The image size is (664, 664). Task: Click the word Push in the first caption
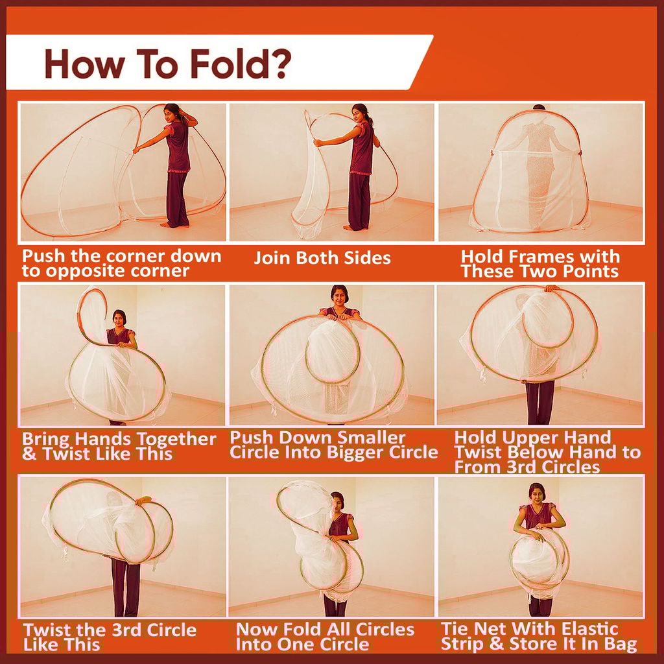tap(43, 255)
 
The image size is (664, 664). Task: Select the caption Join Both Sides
tap(322, 258)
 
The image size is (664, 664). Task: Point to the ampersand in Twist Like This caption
tap(29, 454)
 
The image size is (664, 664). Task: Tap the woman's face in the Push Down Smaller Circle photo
tap(340, 298)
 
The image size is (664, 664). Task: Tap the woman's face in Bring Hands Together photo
tap(119, 318)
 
